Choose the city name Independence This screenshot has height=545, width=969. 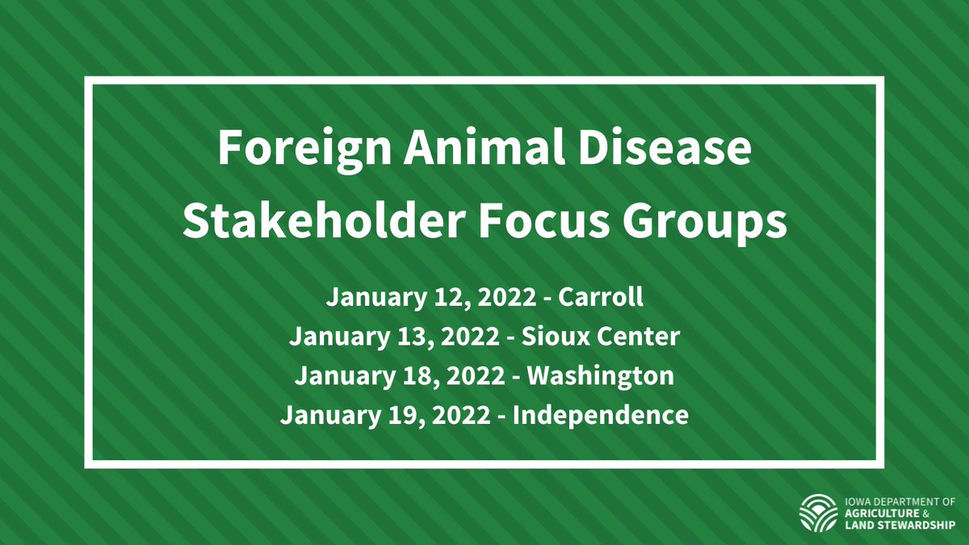coord(601,417)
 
